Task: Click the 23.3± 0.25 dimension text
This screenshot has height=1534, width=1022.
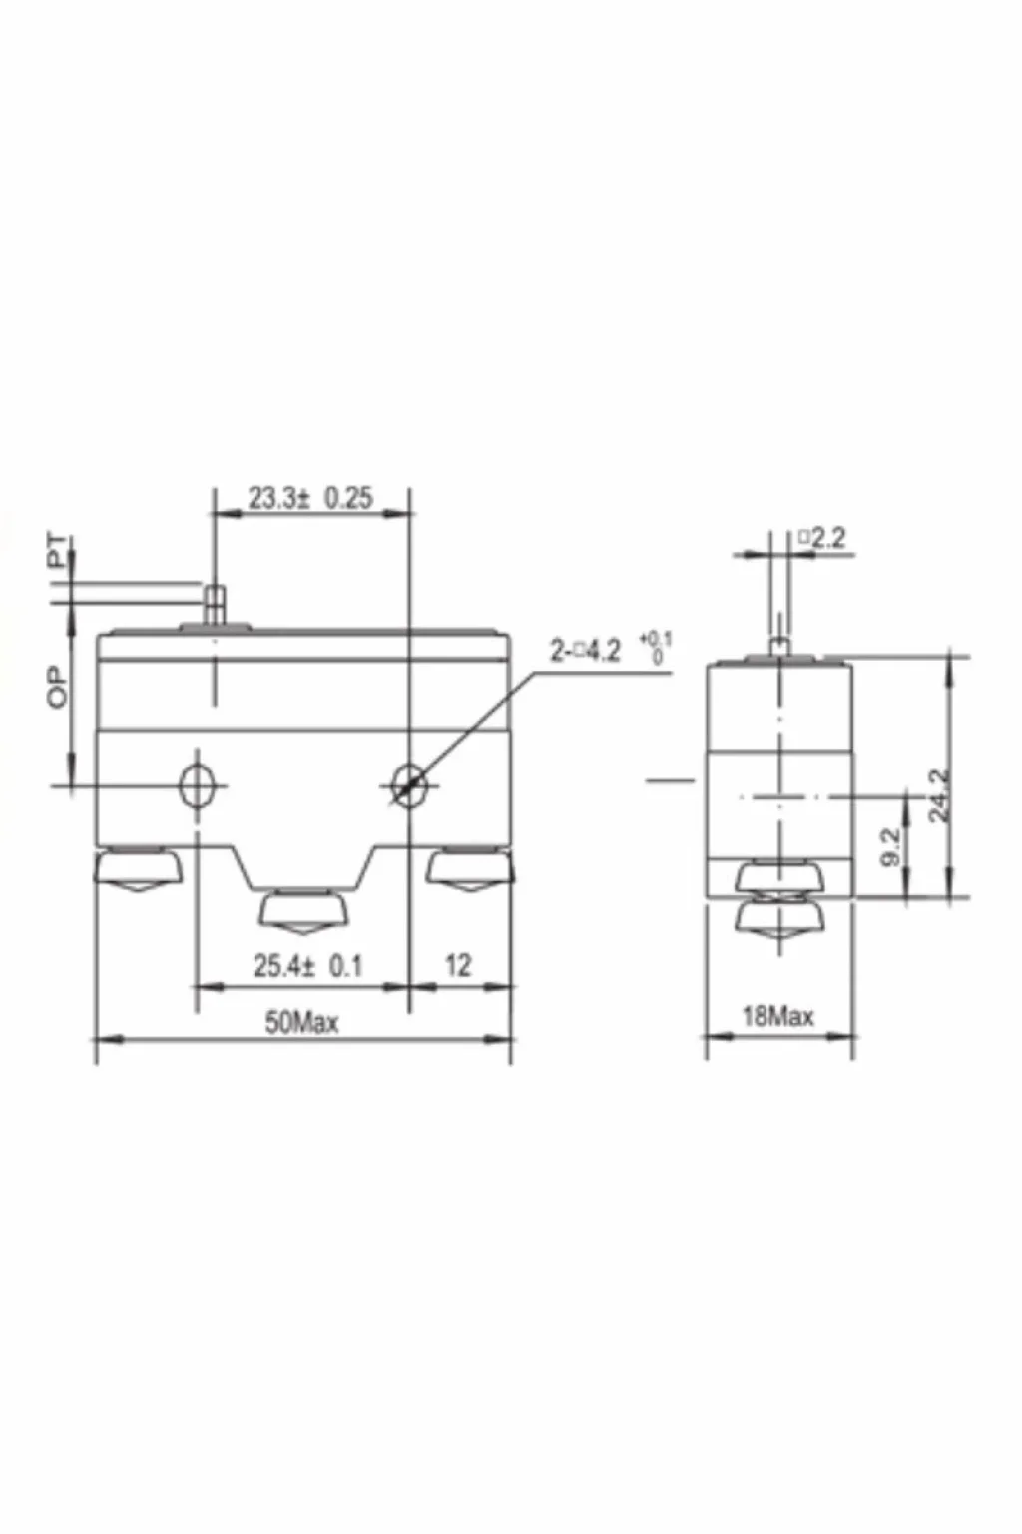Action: pyautogui.click(x=310, y=498)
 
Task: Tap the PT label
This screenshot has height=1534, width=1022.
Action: pyautogui.click(x=60, y=552)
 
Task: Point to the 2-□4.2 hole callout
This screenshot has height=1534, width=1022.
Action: pyautogui.click(x=586, y=651)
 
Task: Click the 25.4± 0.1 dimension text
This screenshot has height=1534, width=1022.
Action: pyautogui.click(x=307, y=967)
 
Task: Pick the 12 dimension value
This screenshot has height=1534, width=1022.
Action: pyautogui.click(x=458, y=966)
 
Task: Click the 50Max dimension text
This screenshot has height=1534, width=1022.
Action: pyautogui.click(x=301, y=1023)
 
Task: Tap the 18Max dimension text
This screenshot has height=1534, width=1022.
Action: pyautogui.click(x=778, y=1017)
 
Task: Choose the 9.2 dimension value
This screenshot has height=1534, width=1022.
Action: pyautogui.click(x=891, y=847)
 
